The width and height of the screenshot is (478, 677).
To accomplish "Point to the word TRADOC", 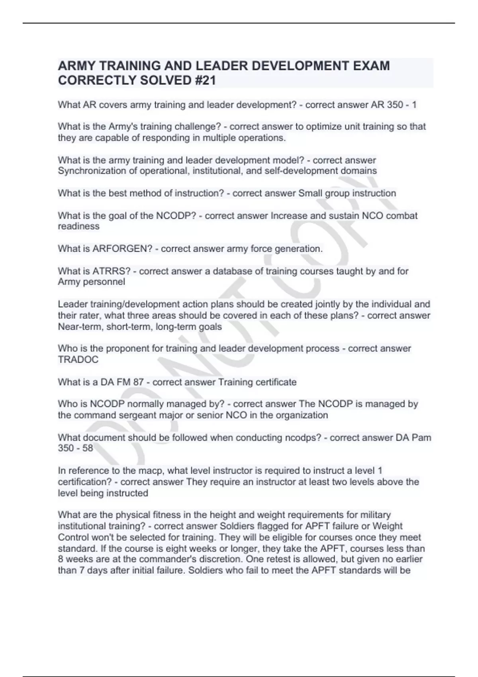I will click(x=78, y=360).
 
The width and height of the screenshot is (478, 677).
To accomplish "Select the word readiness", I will click(x=78, y=227).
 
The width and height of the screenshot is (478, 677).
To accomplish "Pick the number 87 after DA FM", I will click(x=138, y=382).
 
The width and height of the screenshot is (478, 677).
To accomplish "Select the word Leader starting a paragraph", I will click(x=72, y=304).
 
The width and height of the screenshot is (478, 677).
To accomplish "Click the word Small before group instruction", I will click(x=310, y=194).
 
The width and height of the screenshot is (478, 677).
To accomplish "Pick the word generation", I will click(x=300, y=249).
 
